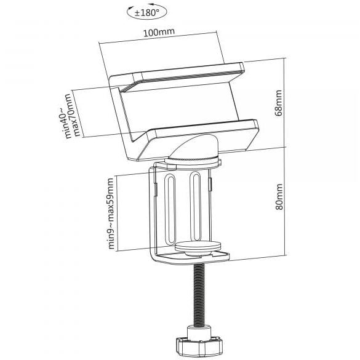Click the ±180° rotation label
click(146, 12)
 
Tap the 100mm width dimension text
click(159, 32)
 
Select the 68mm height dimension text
click(279, 103)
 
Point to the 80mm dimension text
click(279, 196)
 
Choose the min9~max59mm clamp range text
click(111, 214)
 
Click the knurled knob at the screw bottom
click(199, 345)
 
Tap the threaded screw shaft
click(199, 294)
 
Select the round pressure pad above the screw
click(198, 246)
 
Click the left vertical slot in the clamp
click(170, 209)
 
